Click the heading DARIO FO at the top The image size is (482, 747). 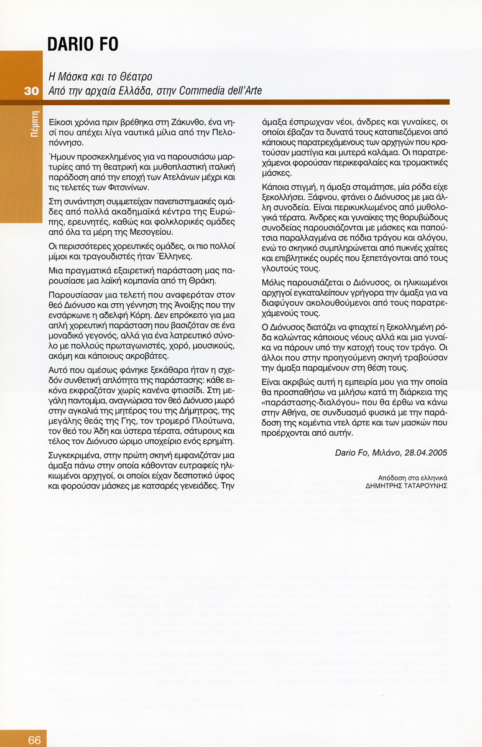pos(83,45)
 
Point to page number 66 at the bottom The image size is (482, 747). pos(34,740)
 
